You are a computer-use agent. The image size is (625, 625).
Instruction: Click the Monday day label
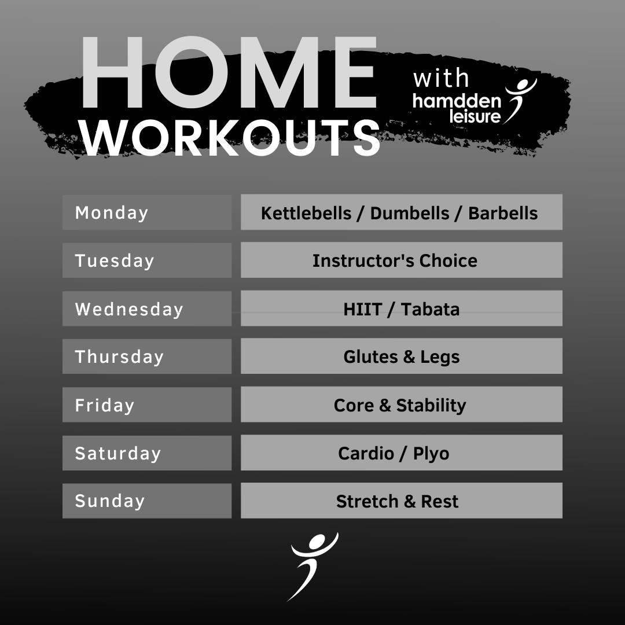tap(112, 213)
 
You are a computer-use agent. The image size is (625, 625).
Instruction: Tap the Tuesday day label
tap(115, 261)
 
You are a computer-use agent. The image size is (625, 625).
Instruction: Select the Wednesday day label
tap(129, 309)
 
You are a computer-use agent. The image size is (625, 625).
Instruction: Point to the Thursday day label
tap(119, 356)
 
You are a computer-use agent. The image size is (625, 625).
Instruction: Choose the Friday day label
tap(104, 405)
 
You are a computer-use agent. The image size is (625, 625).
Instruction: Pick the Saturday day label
tap(118, 453)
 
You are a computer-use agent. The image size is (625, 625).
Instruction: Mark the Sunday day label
tap(109, 501)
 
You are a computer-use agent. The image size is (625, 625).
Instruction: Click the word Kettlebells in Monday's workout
tap(306, 213)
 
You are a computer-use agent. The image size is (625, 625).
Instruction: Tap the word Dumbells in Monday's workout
tap(410, 213)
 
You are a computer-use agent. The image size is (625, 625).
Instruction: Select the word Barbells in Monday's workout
tap(503, 213)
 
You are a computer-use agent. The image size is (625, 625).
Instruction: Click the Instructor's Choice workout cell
tap(402, 260)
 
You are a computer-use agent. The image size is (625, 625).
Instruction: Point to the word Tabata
tap(430, 309)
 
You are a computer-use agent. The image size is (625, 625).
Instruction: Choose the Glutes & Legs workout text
tap(402, 357)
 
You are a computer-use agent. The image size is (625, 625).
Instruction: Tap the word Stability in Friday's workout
tap(431, 405)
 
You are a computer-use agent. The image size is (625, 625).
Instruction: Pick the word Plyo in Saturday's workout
tap(431, 454)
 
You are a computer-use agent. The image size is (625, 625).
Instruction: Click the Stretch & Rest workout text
tap(397, 501)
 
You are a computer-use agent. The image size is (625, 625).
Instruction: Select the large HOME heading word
tap(229, 72)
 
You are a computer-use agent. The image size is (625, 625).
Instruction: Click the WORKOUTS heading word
tap(231, 138)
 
